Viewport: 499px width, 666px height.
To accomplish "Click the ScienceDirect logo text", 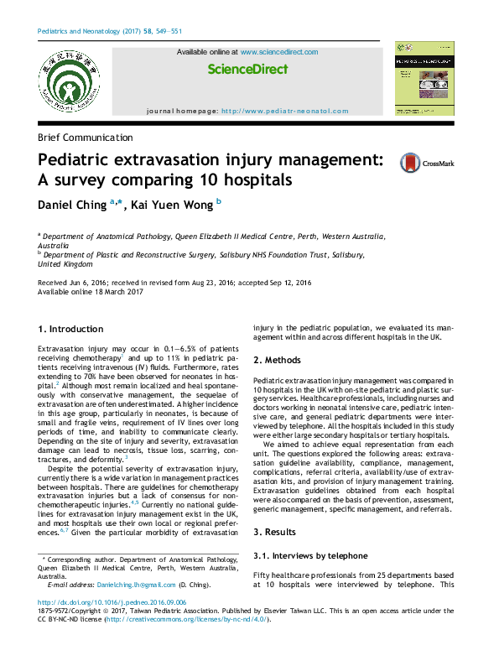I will (x=247, y=69).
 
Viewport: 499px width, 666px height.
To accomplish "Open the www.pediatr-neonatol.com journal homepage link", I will (x=284, y=111).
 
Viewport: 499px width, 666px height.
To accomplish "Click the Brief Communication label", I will (x=86, y=138).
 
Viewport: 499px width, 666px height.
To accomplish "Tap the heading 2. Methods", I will (x=283, y=360).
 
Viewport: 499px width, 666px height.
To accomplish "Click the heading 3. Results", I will (x=279, y=533).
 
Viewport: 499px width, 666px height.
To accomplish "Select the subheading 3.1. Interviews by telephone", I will (x=310, y=555).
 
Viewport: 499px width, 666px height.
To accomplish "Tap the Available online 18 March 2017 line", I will (x=91, y=292).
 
